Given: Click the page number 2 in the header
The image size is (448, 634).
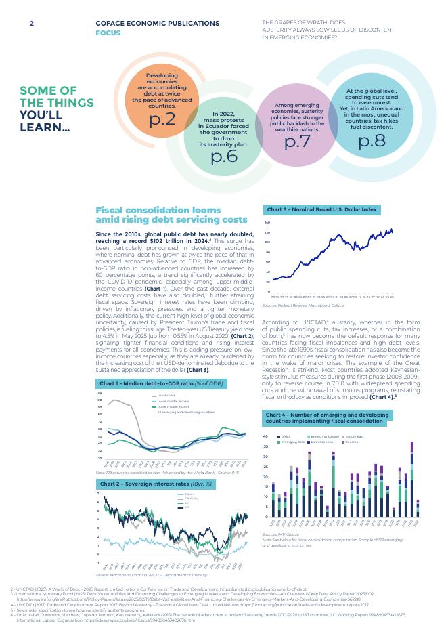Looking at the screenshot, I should click(x=31, y=23).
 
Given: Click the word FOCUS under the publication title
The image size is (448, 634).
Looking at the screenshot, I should click(x=108, y=33).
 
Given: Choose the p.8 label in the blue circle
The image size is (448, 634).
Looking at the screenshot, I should click(x=372, y=141).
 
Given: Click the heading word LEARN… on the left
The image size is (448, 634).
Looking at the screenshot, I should click(x=45, y=127).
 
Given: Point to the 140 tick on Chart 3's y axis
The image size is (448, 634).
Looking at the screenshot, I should click(x=267, y=222).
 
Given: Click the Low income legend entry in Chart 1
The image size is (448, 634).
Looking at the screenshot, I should click(x=166, y=395).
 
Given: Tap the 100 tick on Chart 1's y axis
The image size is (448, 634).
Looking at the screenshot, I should click(x=99, y=400).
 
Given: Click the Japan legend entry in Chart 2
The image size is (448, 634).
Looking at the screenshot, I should click(x=188, y=494).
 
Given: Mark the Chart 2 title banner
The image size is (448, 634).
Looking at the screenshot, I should click(x=156, y=484).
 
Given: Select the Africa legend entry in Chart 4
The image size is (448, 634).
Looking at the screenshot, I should click(x=285, y=436).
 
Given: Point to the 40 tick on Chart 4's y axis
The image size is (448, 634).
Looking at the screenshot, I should click(x=266, y=436).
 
